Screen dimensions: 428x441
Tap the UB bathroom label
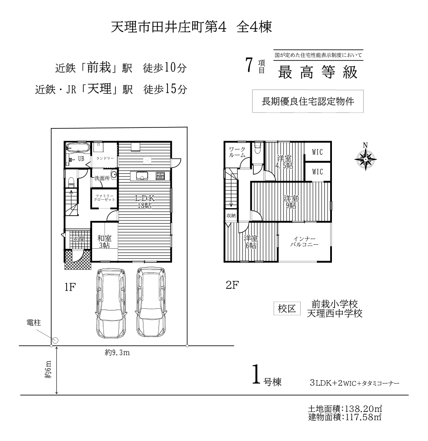(x=81, y=159)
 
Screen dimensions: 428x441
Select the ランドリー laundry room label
(x=105, y=158)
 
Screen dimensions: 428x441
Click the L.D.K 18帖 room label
(x=145, y=202)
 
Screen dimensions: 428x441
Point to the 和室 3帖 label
(x=104, y=242)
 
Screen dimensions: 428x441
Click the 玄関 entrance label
(x=79, y=239)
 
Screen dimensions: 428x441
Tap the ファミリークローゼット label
(x=104, y=198)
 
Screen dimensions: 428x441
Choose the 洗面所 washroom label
(x=102, y=178)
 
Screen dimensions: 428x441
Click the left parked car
(x=112, y=303)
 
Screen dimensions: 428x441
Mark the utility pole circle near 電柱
(x=56, y=340)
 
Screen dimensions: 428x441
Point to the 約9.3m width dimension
(x=117, y=353)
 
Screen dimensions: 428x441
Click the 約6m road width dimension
(x=48, y=369)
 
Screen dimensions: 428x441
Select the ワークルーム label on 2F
(x=237, y=152)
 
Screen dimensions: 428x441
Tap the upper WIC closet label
(x=317, y=152)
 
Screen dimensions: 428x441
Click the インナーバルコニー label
(x=304, y=242)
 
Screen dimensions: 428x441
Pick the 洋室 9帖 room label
(x=291, y=202)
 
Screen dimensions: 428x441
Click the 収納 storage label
(x=231, y=216)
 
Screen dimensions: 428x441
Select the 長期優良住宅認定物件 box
(x=308, y=101)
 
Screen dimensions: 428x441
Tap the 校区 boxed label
(x=287, y=309)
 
